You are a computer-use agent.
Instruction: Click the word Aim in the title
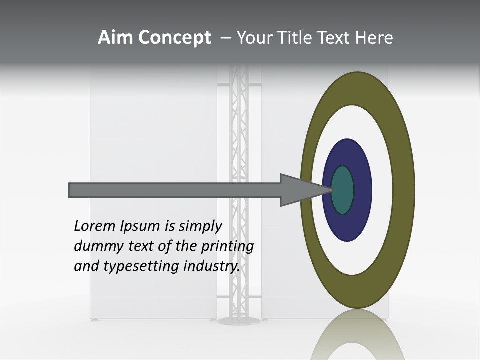click(x=115, y=38)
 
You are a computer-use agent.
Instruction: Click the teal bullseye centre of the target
click(x=343, y=190)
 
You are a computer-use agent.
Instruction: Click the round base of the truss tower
click(x=239, y=320)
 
